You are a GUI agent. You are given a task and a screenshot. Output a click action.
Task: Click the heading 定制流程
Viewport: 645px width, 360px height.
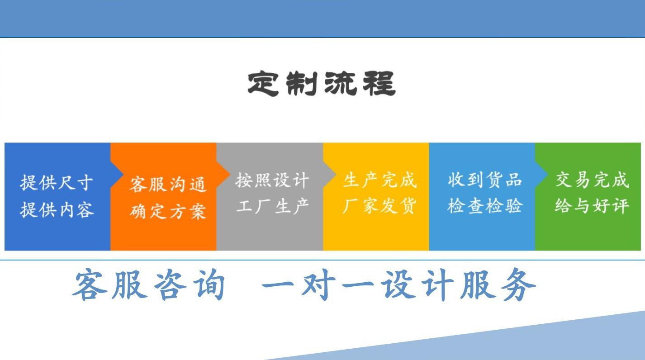[322, 84]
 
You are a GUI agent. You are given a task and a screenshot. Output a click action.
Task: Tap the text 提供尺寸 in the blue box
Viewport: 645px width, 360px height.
[57, 182]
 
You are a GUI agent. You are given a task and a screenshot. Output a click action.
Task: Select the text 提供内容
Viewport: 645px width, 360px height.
[57, 209]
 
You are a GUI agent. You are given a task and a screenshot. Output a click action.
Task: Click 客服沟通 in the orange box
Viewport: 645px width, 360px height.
[168, 185]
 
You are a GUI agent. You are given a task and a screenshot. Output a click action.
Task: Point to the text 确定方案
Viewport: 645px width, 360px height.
[168, 211]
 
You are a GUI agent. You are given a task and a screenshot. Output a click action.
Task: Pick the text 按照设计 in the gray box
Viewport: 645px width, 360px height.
[272, 180]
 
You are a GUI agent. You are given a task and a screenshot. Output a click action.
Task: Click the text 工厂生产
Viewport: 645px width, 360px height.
[272, 206]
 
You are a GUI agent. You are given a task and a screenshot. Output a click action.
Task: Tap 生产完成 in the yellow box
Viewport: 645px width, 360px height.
[379, 180]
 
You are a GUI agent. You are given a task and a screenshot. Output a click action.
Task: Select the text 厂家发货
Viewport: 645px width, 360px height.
[379, 206]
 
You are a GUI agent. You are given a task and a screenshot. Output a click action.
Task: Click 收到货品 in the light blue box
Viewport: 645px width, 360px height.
[485, 180]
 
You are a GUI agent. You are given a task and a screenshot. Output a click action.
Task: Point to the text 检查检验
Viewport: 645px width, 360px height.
[485, 206]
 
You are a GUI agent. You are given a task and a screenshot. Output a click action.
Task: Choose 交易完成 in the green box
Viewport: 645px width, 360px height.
[592, 180]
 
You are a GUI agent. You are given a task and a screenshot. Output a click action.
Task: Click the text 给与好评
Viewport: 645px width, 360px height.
[592, 206]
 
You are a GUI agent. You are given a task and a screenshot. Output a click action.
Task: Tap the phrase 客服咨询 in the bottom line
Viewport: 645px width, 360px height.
[148, 284]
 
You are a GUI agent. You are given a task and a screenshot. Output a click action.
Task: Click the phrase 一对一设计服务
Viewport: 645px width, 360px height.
[398, 284]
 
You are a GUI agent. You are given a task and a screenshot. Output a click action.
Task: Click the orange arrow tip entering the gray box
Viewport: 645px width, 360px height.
[229, 174]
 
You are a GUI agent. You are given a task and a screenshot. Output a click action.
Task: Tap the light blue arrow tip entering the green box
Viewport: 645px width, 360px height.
[547, 174]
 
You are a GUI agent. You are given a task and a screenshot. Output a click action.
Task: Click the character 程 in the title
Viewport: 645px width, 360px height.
[379, 84]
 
